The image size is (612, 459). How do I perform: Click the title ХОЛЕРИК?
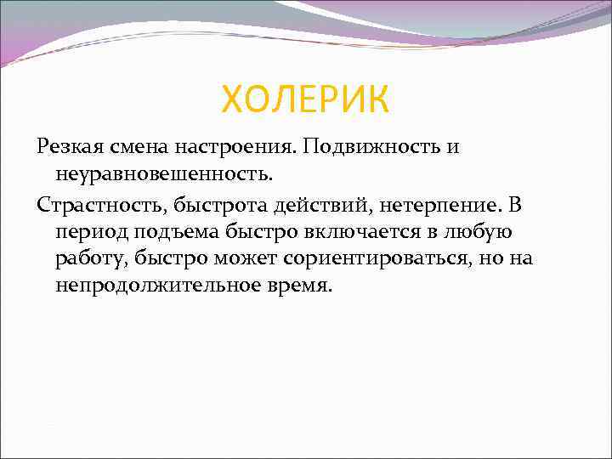tap(305, 100)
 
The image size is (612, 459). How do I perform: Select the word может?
tap(230, 258)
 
